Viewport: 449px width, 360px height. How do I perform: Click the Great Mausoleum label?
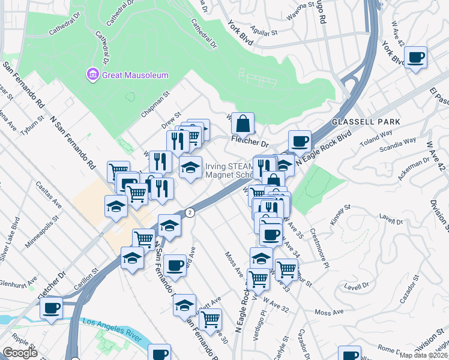136,75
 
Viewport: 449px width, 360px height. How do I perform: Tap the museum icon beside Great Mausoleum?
93,75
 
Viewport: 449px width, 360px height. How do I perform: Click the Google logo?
20,353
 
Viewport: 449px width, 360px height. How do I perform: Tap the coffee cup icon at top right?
415,58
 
